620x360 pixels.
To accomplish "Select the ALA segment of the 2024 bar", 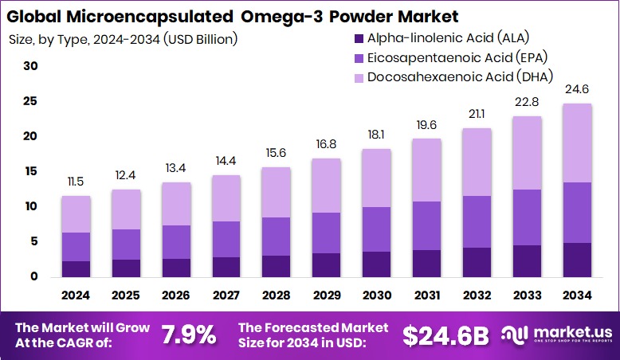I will pos(76,268).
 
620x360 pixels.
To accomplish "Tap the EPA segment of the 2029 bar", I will pos(325,233).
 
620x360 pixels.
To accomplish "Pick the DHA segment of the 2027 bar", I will pos(226,198).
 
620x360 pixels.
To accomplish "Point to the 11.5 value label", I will pos(76,182).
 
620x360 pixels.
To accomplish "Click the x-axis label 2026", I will pos(175,295).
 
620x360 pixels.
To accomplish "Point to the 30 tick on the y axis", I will pos(30,66).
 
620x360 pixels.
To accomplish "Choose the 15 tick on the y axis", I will pos(30,171).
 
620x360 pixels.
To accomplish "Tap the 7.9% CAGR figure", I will pos(189,335).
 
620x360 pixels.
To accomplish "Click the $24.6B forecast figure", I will pos(445,335).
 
